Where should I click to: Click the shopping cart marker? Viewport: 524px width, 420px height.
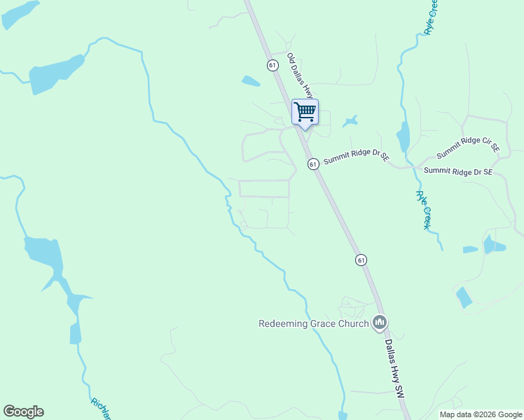point(305,112)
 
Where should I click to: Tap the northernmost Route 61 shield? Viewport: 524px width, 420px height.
point(273,65)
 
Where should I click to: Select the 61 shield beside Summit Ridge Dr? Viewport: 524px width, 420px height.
point(313,164)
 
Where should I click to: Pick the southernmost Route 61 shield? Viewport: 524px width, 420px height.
point(361,260)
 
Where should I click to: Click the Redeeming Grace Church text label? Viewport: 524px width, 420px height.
point(313,323)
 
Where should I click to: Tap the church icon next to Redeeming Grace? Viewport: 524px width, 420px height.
point(380,323)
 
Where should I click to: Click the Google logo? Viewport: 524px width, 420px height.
point(23,412)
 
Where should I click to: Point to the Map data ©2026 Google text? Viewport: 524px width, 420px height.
point(481,414)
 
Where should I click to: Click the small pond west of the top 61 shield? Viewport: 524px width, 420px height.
point(250,81)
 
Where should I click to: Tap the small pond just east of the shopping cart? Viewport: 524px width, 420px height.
point(350,122)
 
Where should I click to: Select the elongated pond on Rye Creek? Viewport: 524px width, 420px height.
point(403,137)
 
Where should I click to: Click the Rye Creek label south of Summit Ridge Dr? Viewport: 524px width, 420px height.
point(422,209)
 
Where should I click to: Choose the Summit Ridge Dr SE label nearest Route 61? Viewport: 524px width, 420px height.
point(356,156)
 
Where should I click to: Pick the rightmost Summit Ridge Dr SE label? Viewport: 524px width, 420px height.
point(458,171)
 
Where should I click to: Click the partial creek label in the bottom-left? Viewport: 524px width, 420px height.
point(102,409)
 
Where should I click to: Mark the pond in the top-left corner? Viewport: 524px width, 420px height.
point(20,14)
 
